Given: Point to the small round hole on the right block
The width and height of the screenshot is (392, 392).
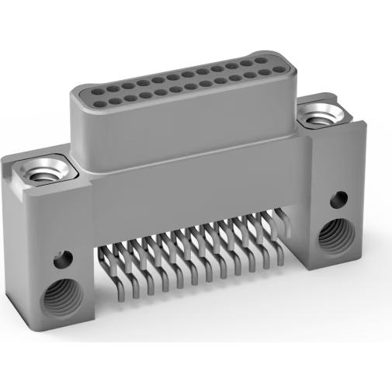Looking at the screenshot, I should click(338, 199).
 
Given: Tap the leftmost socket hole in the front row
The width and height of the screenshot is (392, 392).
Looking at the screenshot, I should click(99, 99).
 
